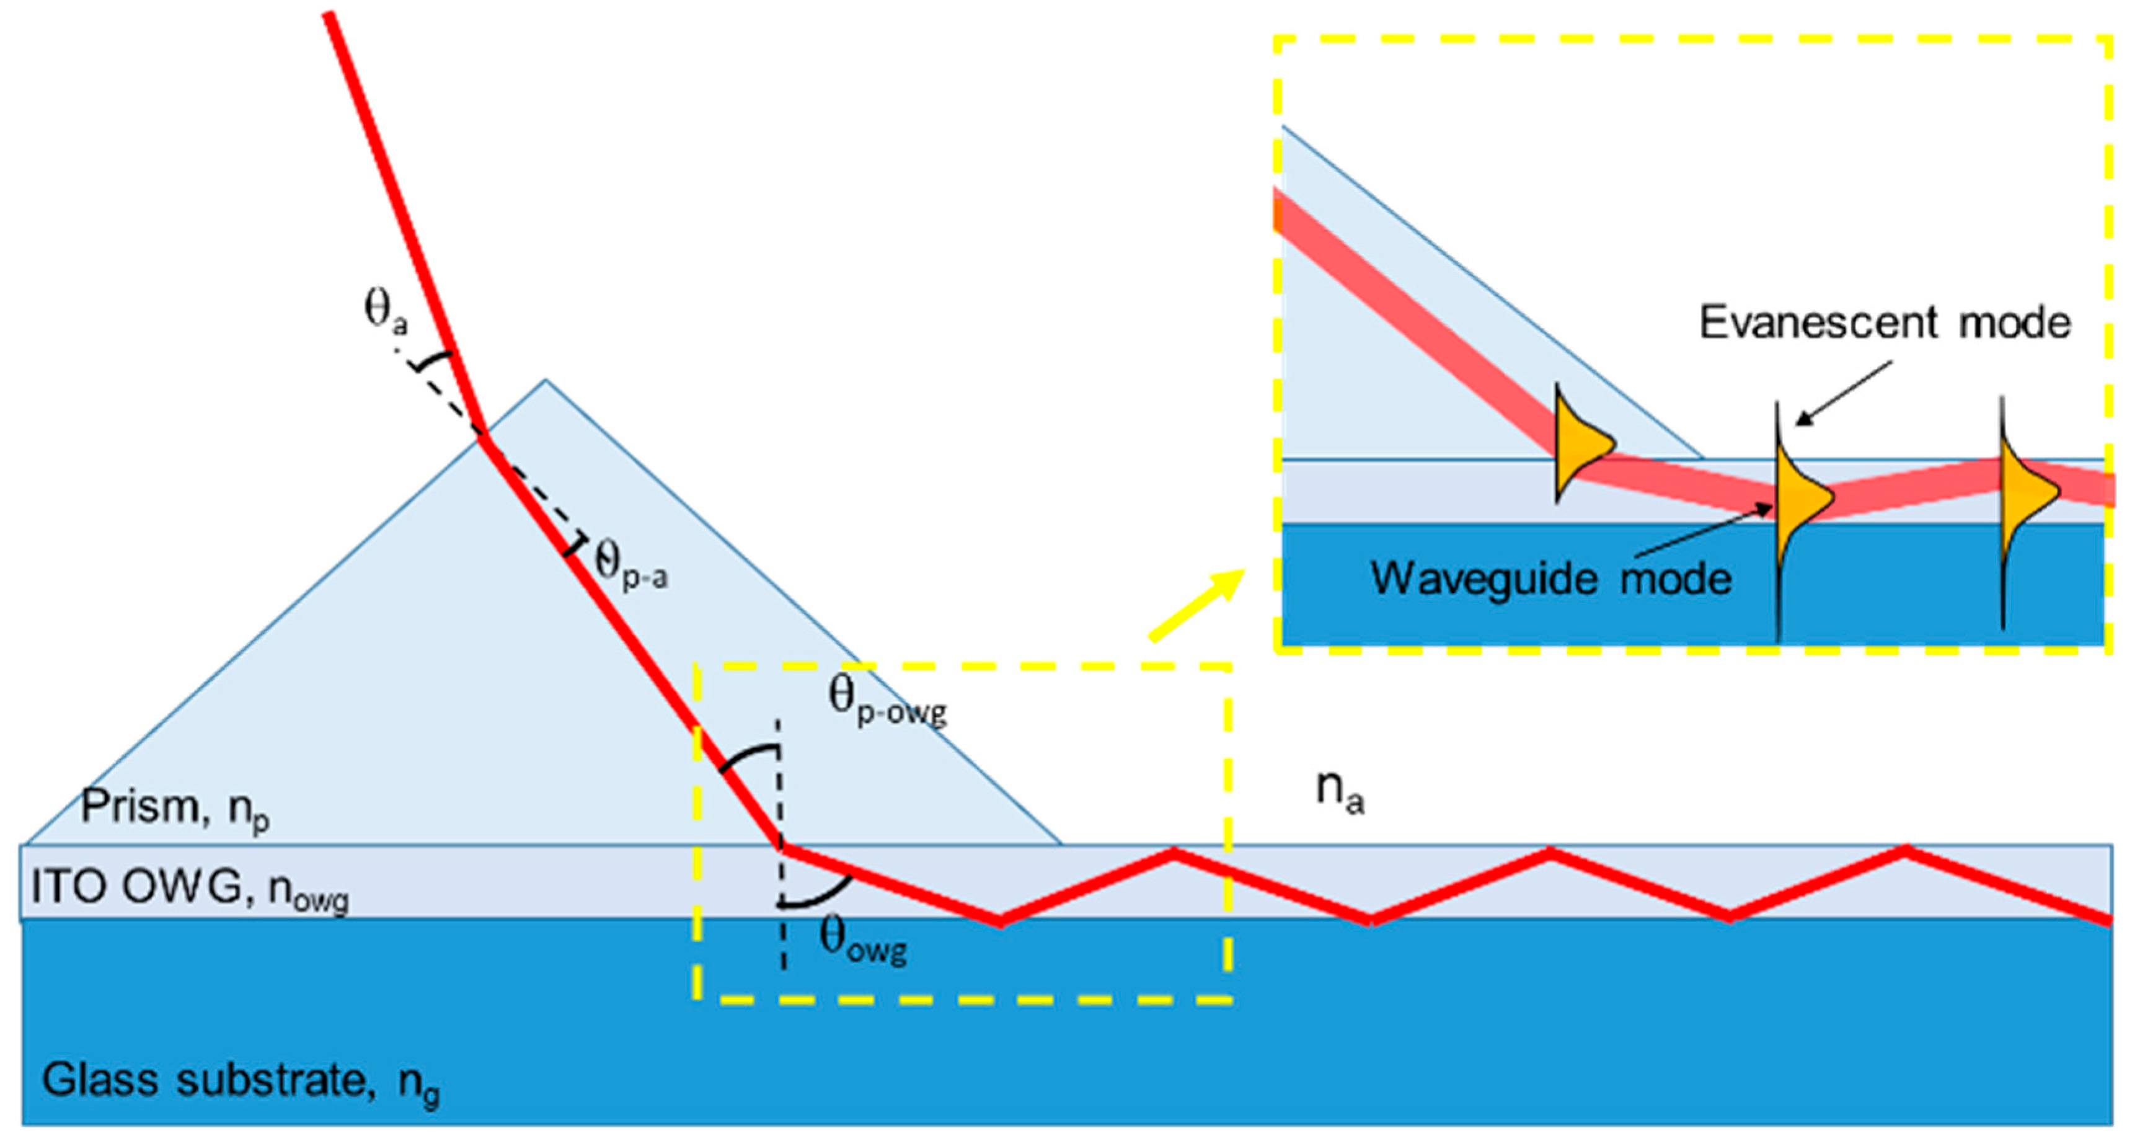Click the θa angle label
pos(386,311)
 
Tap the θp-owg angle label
pos(887,699)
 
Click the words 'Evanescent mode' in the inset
pos(1884,322)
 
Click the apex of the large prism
pos(545,381)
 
